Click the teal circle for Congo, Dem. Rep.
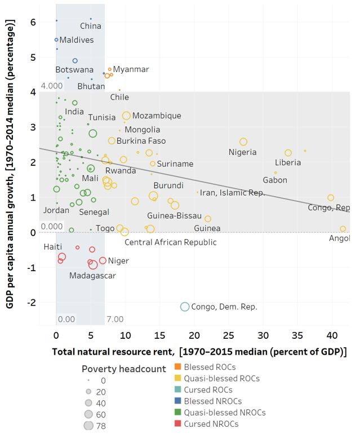click(x=184, y=306)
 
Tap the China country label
click(x=91, y=26)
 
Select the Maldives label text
click(x=77, y=41)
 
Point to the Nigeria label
click(x=243, y=152)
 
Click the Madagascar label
click(x=92, y=276)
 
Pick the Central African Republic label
click(x=170, y=242)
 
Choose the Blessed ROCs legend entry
click(x=210, y=368)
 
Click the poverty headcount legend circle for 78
click(x=88, y=425)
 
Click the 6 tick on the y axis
click(x=34, y=22)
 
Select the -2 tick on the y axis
click(x=32, y=303)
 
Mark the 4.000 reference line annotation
click(x=51, y=86)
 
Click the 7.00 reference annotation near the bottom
click(x=115, y=320)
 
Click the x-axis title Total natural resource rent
click(x=199, y=352)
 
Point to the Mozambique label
click(x=157, y=116)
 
